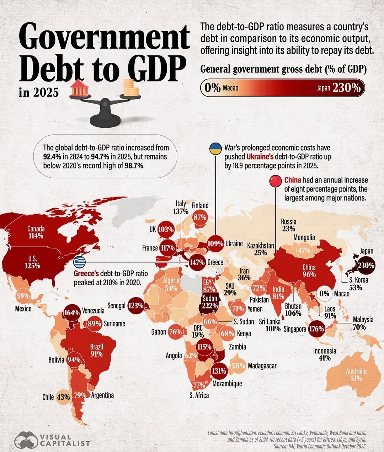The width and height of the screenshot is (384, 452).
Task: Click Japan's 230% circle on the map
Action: (366, 265)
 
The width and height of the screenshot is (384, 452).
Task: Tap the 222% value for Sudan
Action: (210, 305)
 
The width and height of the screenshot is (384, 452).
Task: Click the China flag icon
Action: (275, 181)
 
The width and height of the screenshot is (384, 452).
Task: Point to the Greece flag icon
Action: (79, 262)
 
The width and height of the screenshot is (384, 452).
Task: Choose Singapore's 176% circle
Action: (316, 329)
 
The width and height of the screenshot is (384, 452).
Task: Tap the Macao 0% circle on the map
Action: (324, 294)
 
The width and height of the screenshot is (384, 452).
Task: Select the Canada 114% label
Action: (36, 232)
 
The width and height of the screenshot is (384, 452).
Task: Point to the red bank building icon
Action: (80, 89)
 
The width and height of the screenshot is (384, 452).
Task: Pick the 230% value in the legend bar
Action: (347, 88)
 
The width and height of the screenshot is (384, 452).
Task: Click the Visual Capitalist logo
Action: (52, 440)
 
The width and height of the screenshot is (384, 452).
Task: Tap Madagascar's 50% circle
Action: (238, 366)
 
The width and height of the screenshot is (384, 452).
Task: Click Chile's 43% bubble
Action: (63, 396)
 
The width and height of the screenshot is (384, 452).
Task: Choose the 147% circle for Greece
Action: (197, 263)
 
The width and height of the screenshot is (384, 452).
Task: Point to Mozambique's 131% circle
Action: (219, 371)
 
